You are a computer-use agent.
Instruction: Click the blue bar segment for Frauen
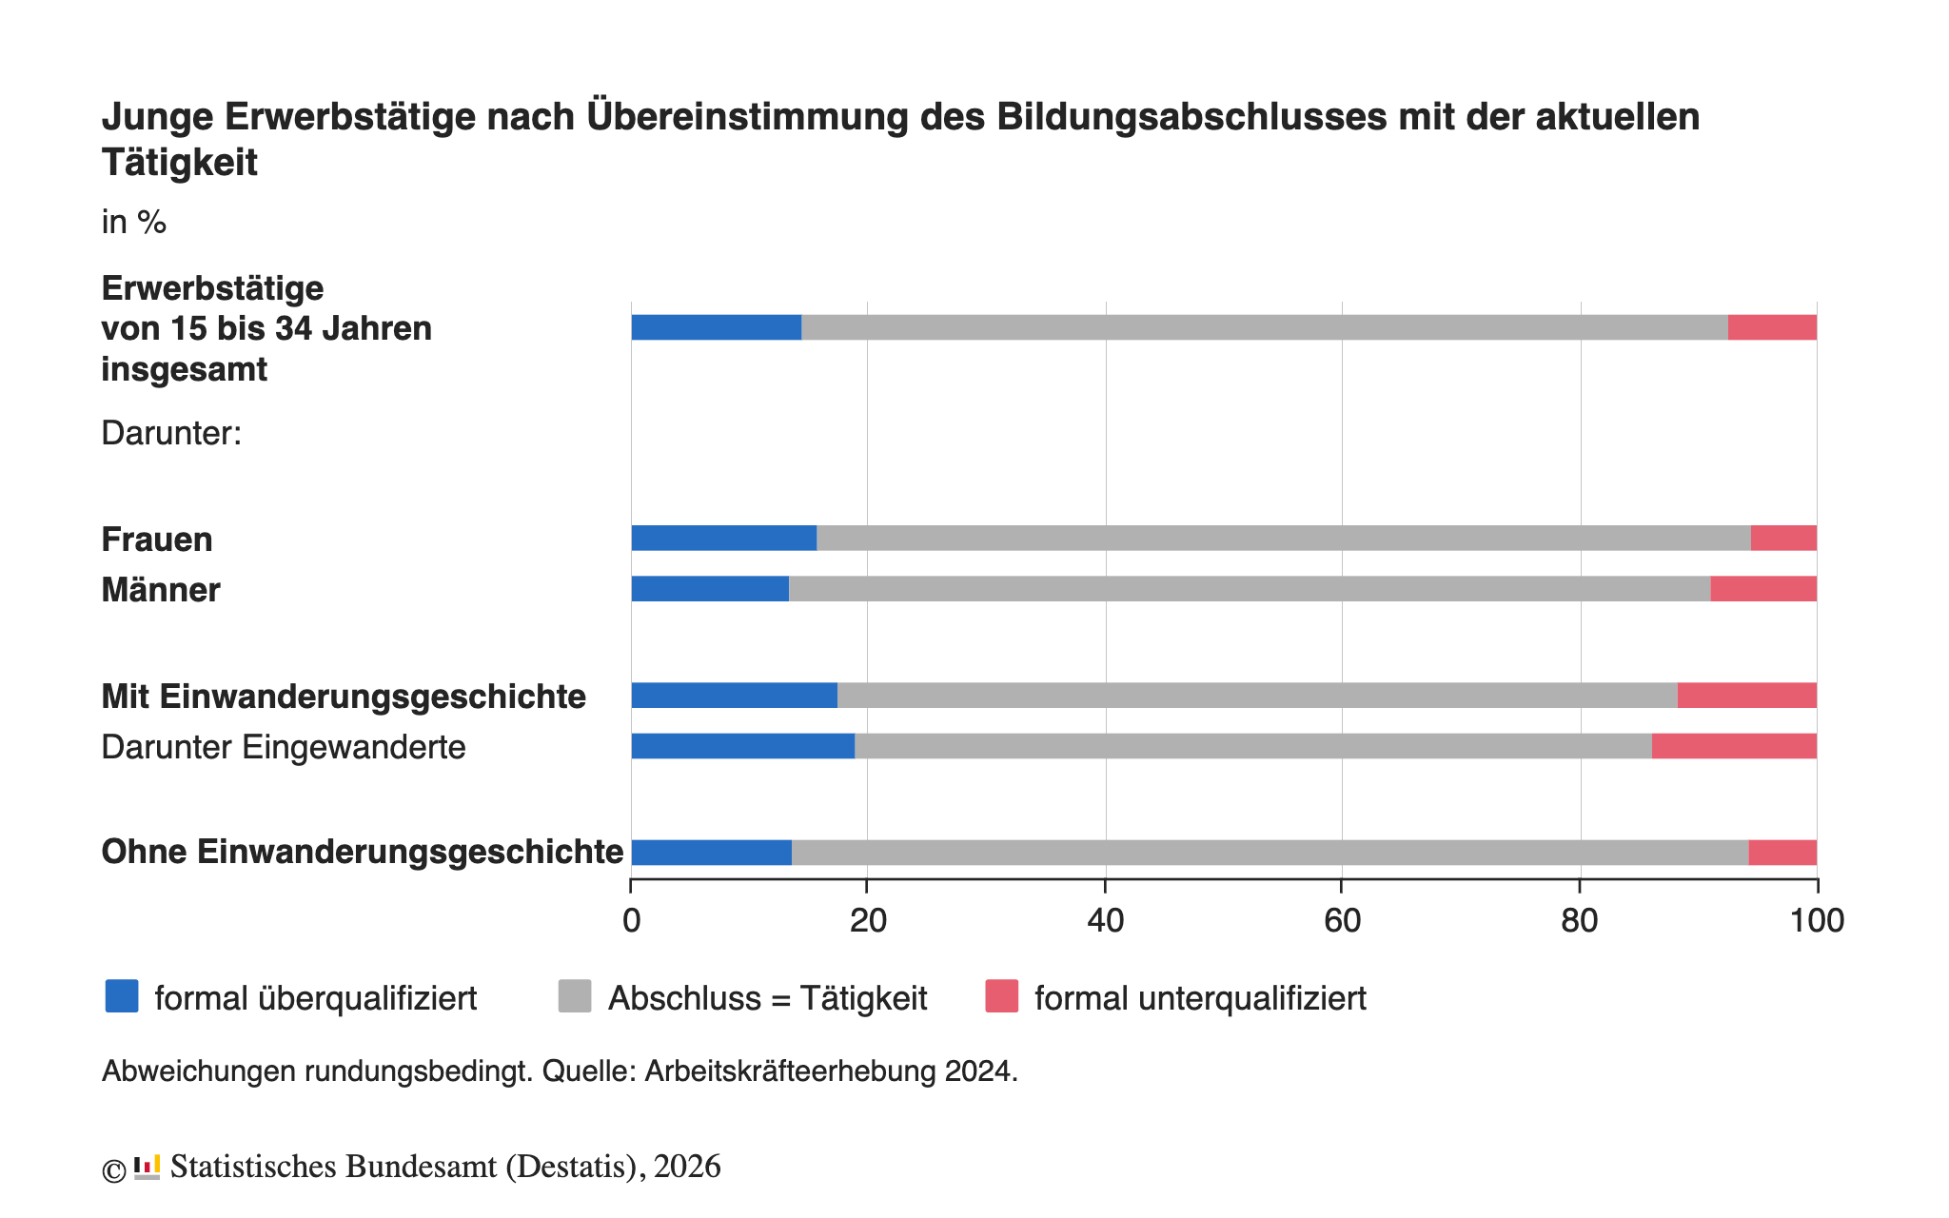[x=723, y=538]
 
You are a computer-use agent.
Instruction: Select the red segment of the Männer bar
[x=1762, y=589]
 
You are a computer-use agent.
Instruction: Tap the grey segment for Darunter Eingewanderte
[x=1252, y=746]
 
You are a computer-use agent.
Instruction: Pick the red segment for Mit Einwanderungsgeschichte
[x=1746, y=696]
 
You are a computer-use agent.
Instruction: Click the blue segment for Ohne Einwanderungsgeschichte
[x=711, y=853]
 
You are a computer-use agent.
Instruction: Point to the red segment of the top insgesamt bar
[x=1772, y=327]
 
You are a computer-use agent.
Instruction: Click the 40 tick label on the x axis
[x=1105, y=921]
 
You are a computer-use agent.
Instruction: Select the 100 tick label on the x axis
[x=1817, y=921]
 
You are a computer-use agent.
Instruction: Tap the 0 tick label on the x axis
[x=631, y=921]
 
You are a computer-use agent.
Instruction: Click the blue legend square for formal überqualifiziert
[x=122, y=996]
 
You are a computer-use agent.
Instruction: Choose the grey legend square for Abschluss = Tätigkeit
[x=575, y=996]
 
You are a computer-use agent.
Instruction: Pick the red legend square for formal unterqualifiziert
[x=1001, y=996]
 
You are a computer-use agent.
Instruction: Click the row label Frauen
[x=157, y=540]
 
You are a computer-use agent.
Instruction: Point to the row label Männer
[x=161, y=590]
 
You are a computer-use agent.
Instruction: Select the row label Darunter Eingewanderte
[x=284, y=747]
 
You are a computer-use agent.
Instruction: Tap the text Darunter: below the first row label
[x=171, y=434]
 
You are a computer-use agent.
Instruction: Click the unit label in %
[x=134, y=223]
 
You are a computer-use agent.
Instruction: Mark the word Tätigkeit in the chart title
[x=180, y=163]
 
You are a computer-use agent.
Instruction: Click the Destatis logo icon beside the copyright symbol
[x=147, y=1167]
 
